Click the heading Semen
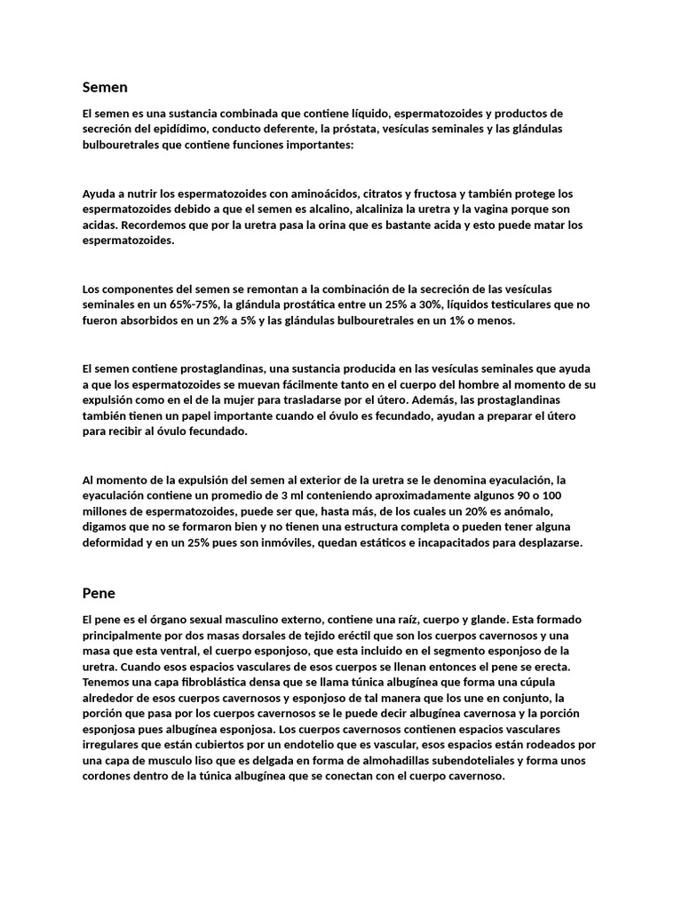pyautogui.click(x=105, y=87)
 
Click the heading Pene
pyautogui.click(x=99, y=592)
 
